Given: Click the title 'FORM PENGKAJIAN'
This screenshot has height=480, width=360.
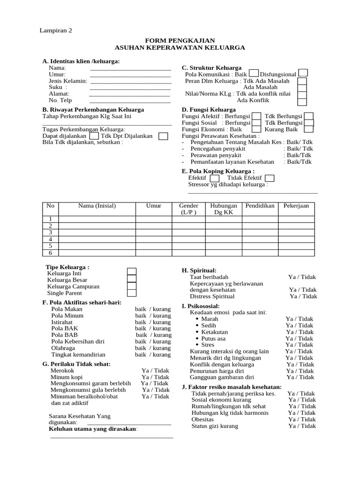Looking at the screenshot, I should [x=180, y=41].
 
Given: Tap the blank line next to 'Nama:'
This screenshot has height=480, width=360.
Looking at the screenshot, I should [x=130, y=68].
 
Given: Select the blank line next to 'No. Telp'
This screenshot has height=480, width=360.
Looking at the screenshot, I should [x=130, y=100].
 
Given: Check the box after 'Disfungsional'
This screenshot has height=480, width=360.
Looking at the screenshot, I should [x=303, y=73].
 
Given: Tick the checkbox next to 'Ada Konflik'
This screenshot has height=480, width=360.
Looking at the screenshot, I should [x=302, y=101].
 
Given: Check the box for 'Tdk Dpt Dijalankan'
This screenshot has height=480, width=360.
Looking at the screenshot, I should [x=163, y=136].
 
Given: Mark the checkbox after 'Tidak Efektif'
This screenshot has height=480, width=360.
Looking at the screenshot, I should [x=270, y=178].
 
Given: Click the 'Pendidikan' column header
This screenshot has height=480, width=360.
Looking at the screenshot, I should [x=260, y=206].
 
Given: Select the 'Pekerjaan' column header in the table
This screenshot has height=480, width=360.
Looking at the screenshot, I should [x=296, y=206].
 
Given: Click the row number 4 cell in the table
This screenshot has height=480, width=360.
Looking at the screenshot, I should [x=50, y=239].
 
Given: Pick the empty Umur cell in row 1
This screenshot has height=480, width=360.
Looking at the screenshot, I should [x=153, y=219].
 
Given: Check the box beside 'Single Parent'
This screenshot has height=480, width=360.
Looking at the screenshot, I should [x=132, y=293].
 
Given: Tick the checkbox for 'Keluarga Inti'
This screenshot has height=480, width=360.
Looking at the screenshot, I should [x=132, y=271].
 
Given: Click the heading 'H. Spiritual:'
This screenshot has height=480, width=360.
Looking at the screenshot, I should [x=199, y=270].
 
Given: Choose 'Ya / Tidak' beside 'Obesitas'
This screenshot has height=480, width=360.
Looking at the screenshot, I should [x=302, y=420].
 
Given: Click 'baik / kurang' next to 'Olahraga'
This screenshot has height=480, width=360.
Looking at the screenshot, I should [x=153, y=348].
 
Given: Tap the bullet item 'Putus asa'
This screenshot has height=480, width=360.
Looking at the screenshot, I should [x=213, y=338].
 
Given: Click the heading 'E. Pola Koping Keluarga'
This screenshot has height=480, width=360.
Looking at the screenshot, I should [x=218, y=171].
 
